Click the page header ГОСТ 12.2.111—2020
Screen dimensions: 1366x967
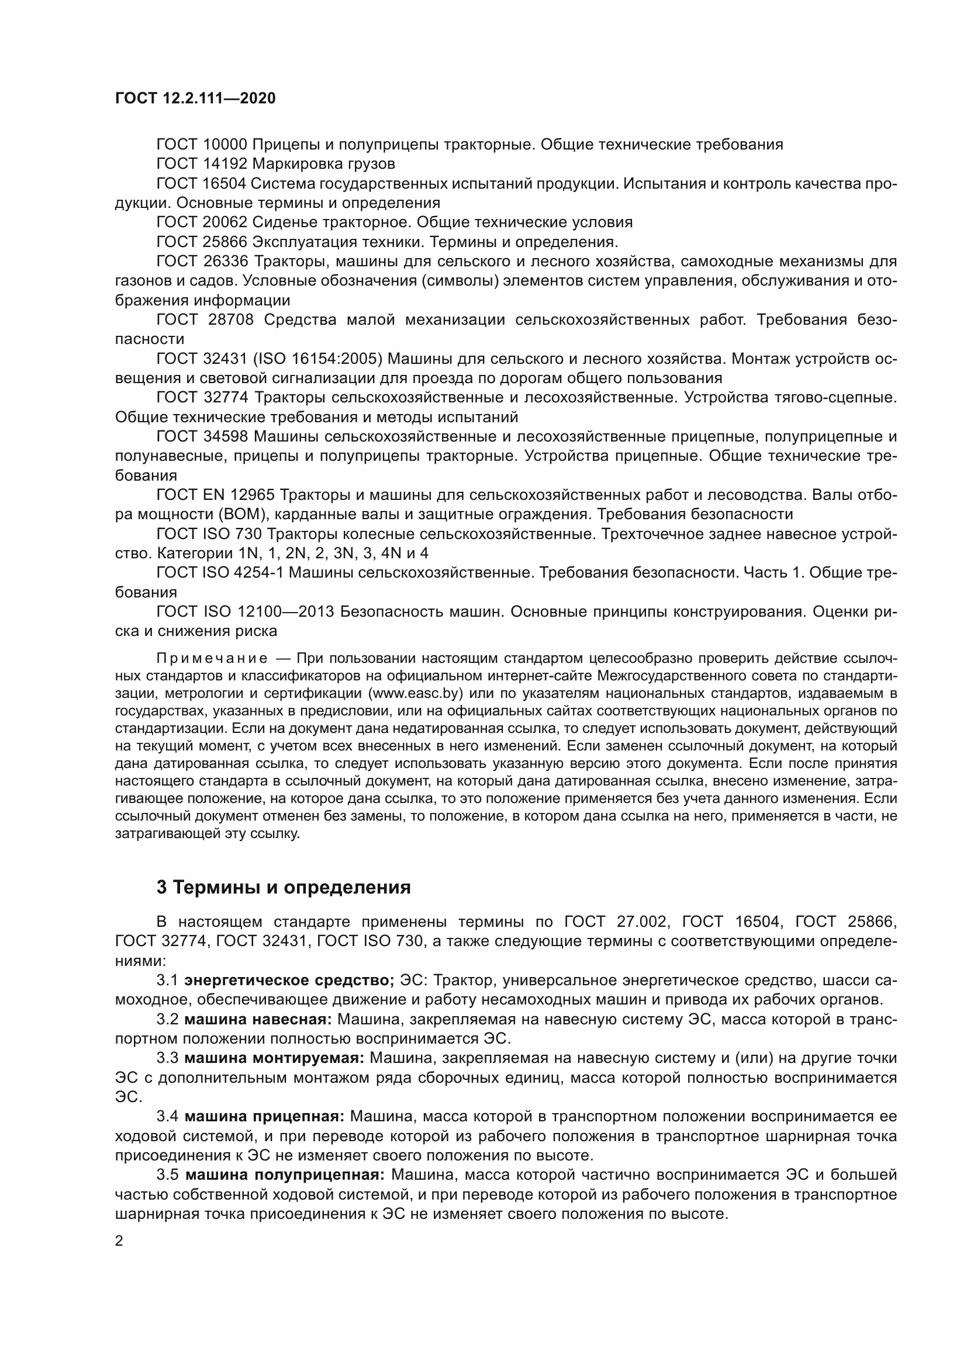point(195,99)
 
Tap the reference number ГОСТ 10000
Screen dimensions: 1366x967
point(201,145)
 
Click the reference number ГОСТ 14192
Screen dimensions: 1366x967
point(201,164)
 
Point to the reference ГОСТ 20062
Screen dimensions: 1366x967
point(201,223)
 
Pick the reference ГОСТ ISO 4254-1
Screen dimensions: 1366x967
point(221,573)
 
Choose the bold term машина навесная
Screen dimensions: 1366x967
point(258,1019)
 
